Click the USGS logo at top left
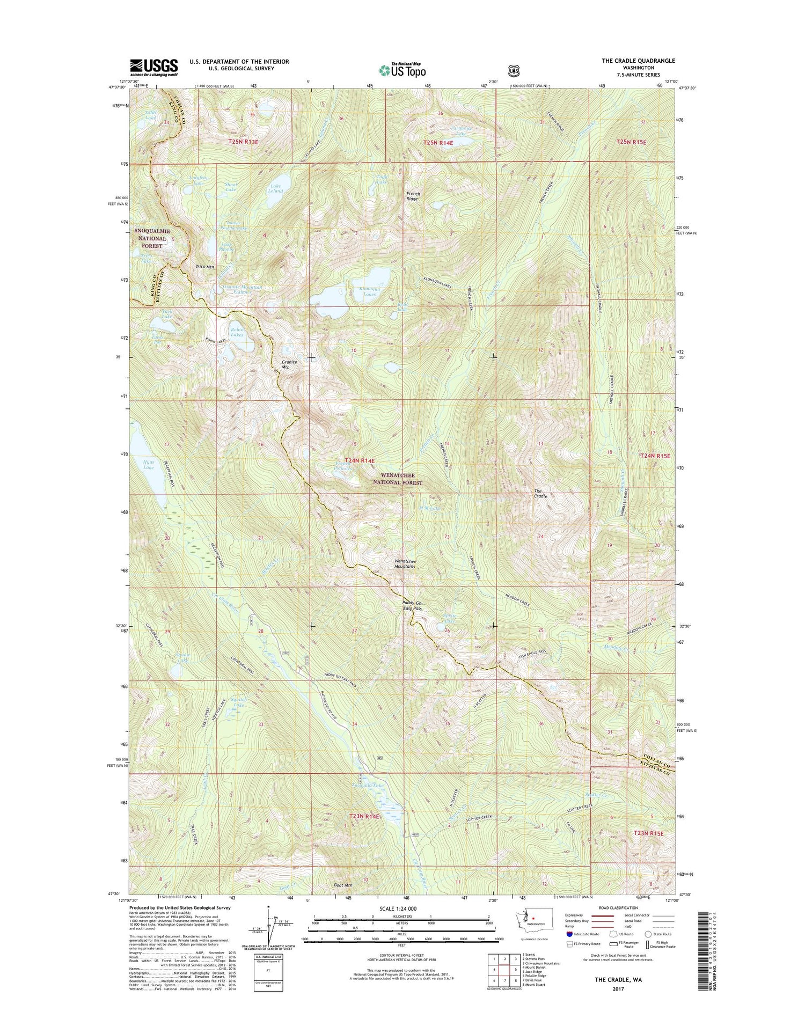click(x=153, y=68)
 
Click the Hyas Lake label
click(x=148, y=465)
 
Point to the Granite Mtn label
click(x=289, y=365)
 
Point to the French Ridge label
click(x=413, y=196)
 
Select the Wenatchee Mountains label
click(x=405, y=563)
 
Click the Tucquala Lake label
click(x=368, y=786)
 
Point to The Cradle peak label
click(x=540, y=494)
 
